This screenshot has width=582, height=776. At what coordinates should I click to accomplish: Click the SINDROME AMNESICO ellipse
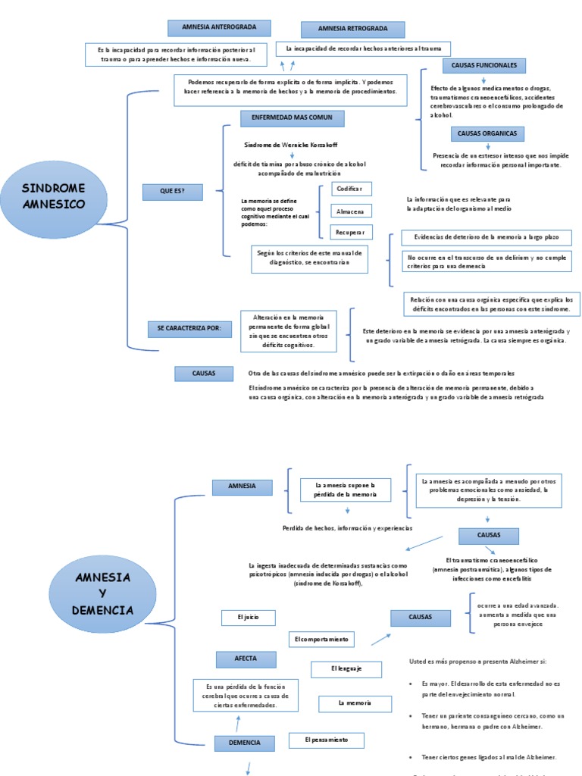(x=54, y=196)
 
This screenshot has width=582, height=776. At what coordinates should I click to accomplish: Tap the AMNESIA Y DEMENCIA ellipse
(x=103, y=593)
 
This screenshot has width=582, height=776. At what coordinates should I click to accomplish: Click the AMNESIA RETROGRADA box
(x=352, y=30)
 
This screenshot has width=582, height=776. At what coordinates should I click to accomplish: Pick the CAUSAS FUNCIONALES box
(x=483, y=66)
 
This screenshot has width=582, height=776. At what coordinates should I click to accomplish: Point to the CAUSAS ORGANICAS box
(x=487, y=134)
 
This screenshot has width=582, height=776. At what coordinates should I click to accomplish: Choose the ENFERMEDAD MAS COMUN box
(x=292, y=118)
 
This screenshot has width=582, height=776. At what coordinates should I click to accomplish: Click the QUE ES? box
(x=172, y=192)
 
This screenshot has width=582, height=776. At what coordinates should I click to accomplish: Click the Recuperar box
(x=351, y=232)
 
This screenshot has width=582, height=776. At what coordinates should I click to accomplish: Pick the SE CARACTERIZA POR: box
(x=189, y=329)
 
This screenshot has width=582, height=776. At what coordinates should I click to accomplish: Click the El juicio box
(x=248, y=618)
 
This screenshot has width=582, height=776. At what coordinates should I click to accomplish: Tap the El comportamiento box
(x=321, y=640)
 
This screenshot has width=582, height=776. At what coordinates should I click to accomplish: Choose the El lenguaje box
(x=346, y=669)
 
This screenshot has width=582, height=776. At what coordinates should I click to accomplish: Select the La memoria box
(x=355, y=704)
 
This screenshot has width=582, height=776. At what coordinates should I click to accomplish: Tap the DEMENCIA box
(x=244, y=743)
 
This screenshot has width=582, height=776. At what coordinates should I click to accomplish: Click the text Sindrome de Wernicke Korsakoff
(x=292, y=144)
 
